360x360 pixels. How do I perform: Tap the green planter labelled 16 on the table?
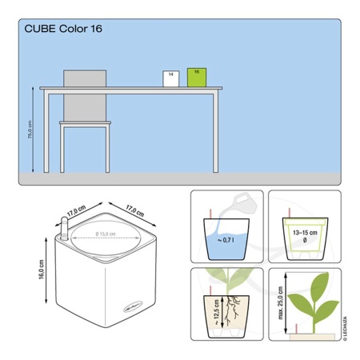197,78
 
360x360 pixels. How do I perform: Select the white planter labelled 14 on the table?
171,79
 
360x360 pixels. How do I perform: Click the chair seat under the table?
85,123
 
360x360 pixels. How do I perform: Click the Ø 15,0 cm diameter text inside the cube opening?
104,234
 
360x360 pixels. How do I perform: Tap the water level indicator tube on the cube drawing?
62,231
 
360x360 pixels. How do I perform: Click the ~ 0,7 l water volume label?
226,239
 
